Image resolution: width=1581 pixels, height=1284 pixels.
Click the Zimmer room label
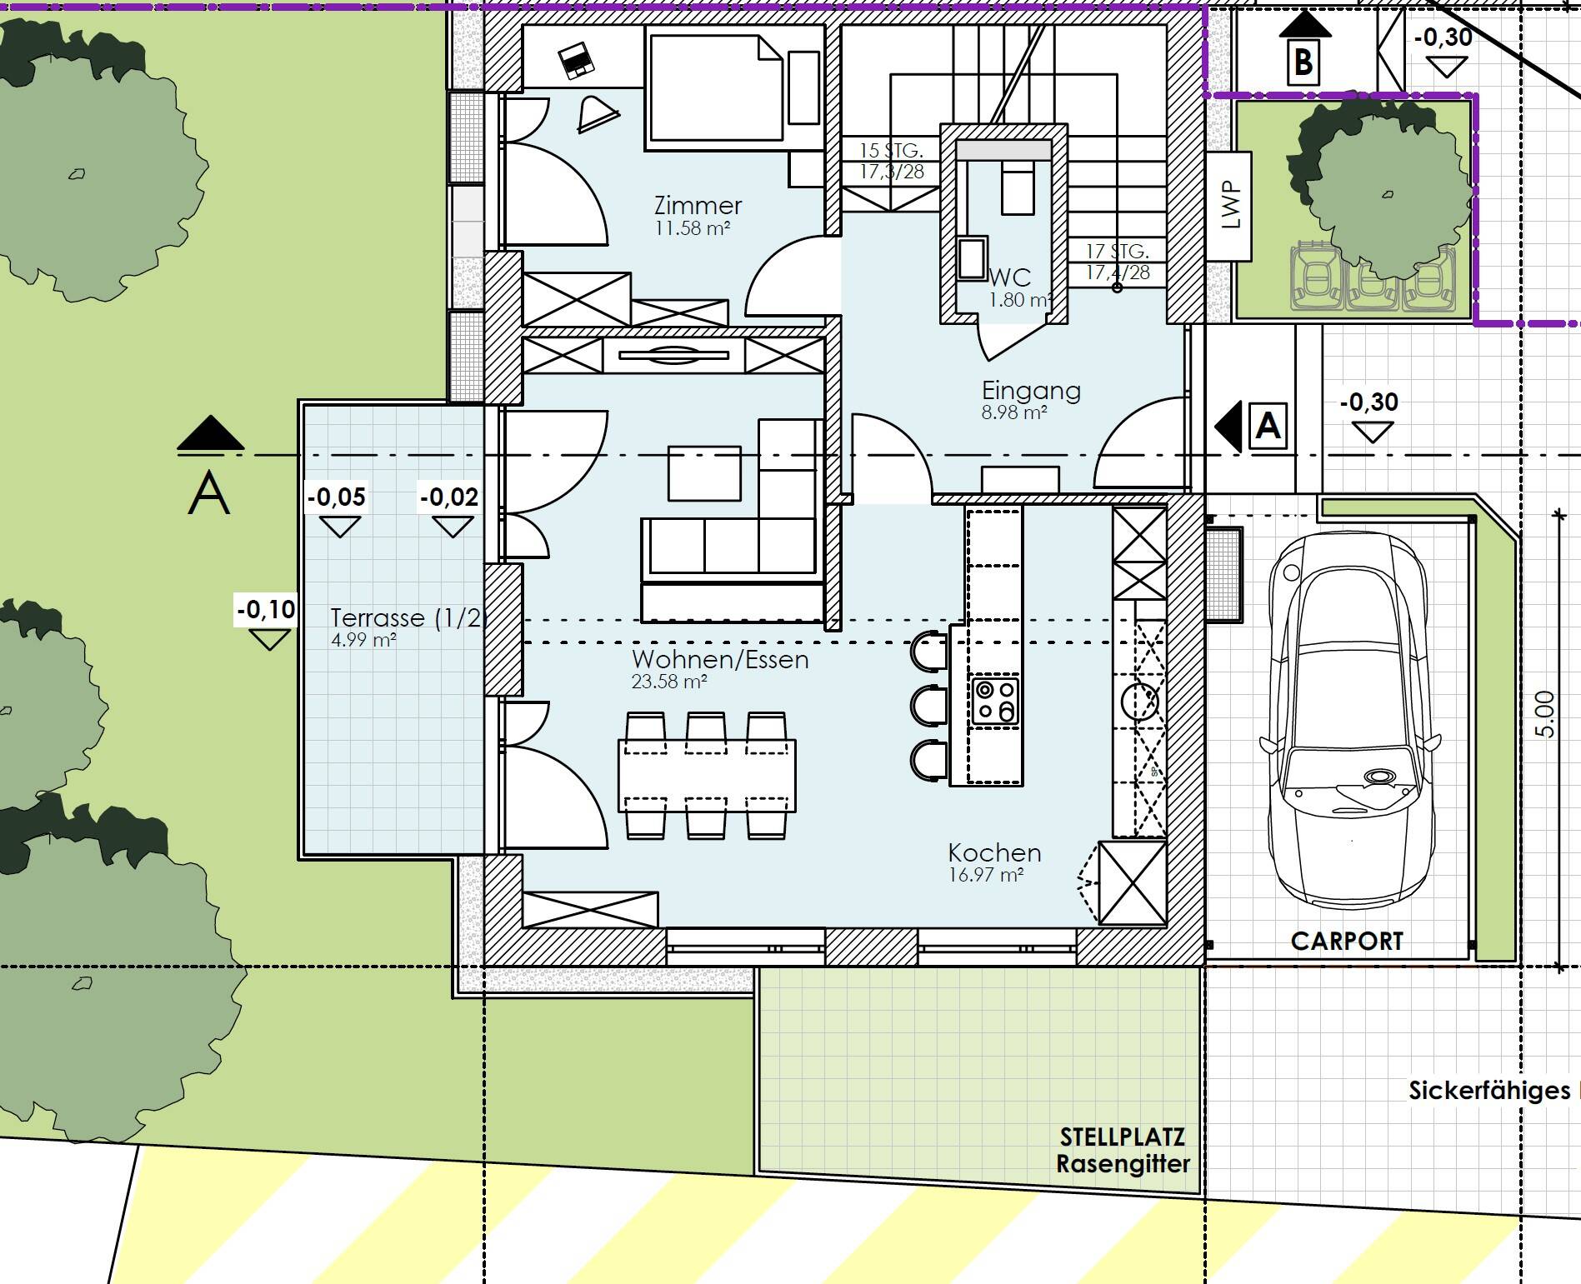pyautogui.click(x=698, y=205)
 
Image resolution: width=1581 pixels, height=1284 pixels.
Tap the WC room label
pyautogui.click(x=1010, y=277)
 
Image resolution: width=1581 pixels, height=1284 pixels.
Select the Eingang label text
pyautogui.click(x=1031, y=390)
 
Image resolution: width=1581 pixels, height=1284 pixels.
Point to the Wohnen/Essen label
pyautogui.click(x=720, y=659)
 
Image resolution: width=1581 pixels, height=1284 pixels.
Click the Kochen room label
pyautogui.click(x=994, y=852)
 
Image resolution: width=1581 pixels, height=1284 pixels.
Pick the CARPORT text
pyautogui.click(x=1347, y=941)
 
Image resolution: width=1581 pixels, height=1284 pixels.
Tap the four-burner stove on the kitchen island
pyautogui.click(x=995, y=701)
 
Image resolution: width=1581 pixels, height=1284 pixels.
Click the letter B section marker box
pyautogui.click(x=1303, y=62)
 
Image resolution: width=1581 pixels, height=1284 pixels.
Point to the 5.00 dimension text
pyautogui.click(x=1543, y=714)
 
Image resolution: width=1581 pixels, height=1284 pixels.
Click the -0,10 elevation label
pyautogui.click(x=266, y=609)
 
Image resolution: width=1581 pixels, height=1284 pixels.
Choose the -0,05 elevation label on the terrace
pyautogui.click(x=337, y=497)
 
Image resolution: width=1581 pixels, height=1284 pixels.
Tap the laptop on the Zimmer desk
pyautogui.click(x=574, y=60)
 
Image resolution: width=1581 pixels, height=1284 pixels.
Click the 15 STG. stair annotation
pyautogui.click(x=891, y=151)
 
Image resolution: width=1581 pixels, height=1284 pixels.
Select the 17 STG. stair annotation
pyautogui.click(x=1118, y=251)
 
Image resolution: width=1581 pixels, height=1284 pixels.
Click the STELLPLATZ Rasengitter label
pyautogui.click(x=1123, y=1151)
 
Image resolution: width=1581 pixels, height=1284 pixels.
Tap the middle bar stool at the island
pyautogui.click(x=928, y=705)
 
